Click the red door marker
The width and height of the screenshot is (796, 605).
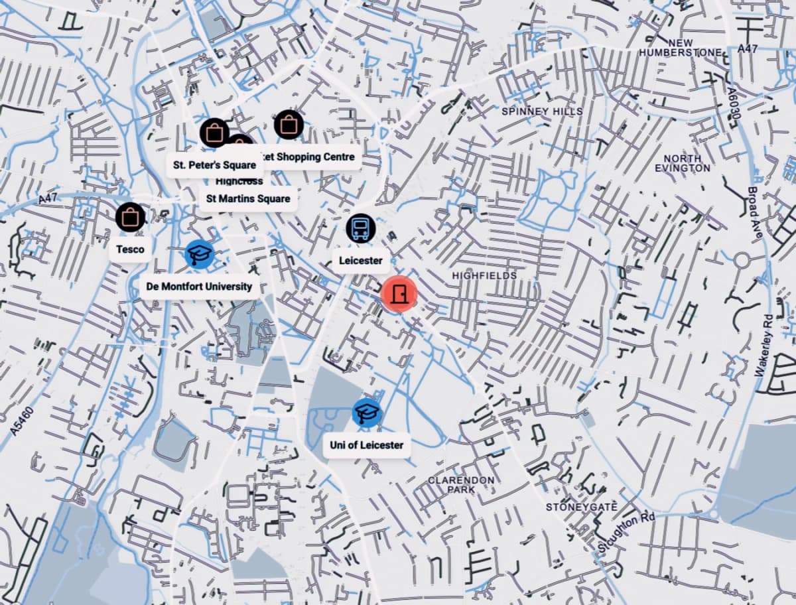pyautogui.click(x=399, y=293)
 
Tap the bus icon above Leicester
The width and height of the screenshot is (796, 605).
pyautogui.click(x=361, y=229)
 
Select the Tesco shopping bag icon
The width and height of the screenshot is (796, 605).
pyautogui.click(x=131, y=218)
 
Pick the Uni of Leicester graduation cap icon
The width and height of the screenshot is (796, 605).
pyautogui.click(x=367, y=413)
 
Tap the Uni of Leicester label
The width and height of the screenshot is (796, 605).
pyautogui.click(x=366, y=445)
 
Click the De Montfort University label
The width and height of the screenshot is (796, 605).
pyautogui.click(x=199, y=287)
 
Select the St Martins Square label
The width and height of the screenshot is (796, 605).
pyautogui.click(x=247, y=198)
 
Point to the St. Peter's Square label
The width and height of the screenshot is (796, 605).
pyautogui.click(x=214, y=165)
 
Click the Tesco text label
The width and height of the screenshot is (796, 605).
pyautogui.click(x=130, y=249)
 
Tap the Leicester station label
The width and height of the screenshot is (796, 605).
pyautogui.click(x=360, y=261)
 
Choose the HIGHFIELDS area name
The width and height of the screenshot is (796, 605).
pyautogui.click(x=484, y=275)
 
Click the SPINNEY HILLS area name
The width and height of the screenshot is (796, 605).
pyautogui.click(x=542, y=111)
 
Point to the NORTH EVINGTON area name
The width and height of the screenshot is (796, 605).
pyautogui.click(x=682, y=163)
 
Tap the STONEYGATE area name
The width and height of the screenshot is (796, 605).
pyautogui.click(x=581, y=507)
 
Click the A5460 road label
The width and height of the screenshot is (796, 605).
pyautogui.click(x=22, y=421)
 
